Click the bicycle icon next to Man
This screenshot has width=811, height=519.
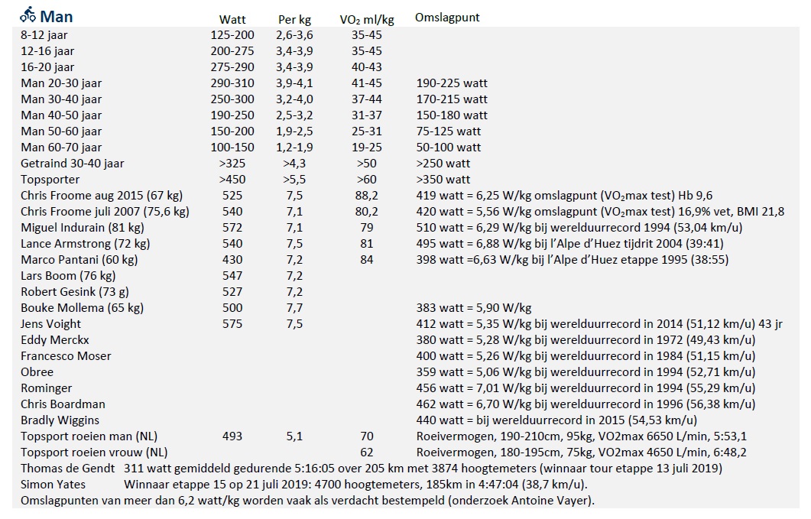pos(28,15)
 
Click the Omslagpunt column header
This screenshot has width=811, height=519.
pos(447,18)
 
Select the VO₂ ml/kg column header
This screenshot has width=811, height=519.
pos(367,20)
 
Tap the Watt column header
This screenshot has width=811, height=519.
pos(232,20)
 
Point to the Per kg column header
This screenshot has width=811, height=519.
pos(294,20)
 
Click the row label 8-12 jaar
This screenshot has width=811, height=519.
pos(44,35)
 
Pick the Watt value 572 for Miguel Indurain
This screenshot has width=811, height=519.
pos(232,228)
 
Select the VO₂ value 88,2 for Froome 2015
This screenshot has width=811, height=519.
pos(367,196)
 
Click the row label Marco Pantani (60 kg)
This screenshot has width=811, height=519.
pos(79,260)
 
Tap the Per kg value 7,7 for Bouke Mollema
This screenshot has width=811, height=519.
pos(294,308)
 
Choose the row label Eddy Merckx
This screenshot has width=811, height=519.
pos(55,340)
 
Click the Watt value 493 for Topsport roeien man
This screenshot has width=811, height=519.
pos(232,436)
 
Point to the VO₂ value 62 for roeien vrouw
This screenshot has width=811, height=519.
pos(367,453)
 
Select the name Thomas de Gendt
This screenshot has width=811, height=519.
pos(68,469)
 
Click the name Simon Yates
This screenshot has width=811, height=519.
pos(54,485)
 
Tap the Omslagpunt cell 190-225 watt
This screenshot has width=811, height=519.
pos(452,83)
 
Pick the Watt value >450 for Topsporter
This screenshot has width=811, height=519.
pos(232,180)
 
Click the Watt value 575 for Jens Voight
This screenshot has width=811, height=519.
pos(232,324)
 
